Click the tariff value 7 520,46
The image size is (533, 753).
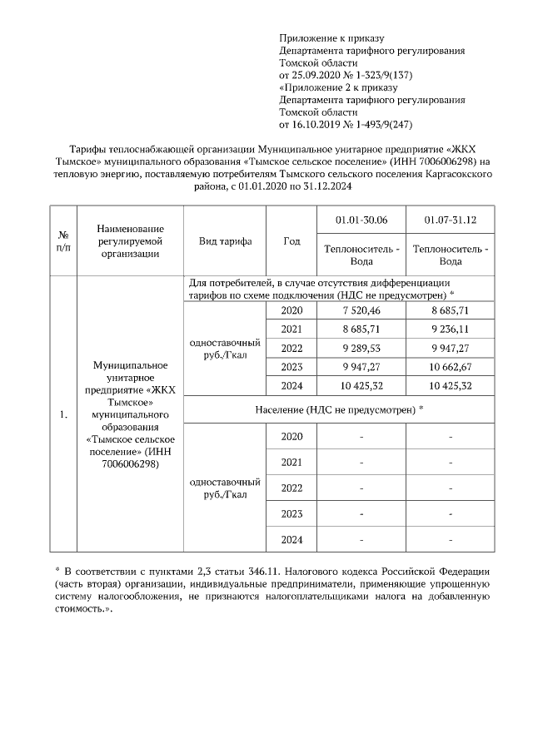362,310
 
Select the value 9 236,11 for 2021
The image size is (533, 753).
450,329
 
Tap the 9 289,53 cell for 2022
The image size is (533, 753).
362,348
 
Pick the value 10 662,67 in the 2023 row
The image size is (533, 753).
450,366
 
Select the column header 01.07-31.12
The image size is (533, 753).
450,220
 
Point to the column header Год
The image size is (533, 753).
291,241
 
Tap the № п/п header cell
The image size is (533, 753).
62,241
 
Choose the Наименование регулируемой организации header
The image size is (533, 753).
130,241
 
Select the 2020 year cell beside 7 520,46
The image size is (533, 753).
291,310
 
